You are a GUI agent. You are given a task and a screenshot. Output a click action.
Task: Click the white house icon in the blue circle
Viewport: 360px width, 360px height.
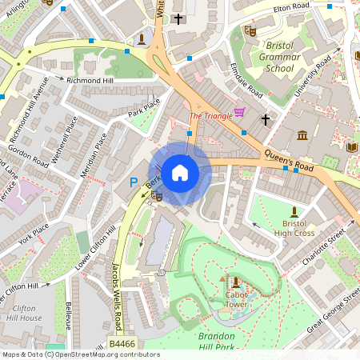pos(180,173)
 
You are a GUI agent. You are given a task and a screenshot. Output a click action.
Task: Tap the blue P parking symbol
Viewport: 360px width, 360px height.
pos(134,182)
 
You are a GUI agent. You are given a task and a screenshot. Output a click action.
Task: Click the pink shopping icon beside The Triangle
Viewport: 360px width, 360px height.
pos(239,112)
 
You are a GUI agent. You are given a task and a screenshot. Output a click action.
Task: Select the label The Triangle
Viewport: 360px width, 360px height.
pos(210,115)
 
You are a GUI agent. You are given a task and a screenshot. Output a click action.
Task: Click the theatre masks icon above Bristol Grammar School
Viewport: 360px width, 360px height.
pos(250,30)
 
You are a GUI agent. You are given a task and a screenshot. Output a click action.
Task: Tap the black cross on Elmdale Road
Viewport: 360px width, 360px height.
pos(266,120)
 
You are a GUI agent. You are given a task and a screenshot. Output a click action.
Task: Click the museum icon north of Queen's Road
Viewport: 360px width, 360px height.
pos(302,134)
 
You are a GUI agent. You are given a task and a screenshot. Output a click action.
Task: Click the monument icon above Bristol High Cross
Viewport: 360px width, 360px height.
pos(294,210)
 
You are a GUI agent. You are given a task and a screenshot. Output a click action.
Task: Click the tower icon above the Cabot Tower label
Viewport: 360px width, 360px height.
pos(236,282)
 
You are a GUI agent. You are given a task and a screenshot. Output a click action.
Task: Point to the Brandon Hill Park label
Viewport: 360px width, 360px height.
pos(225,341)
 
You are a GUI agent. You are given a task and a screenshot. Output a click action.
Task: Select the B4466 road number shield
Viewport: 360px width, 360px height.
pos(122,344)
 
